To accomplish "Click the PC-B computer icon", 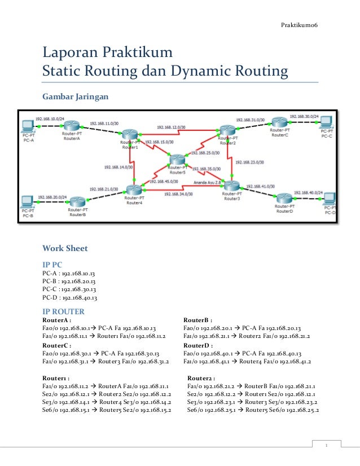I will coord(27,201).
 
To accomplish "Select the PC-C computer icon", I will coord(326,122).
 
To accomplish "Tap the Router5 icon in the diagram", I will coord(177,161).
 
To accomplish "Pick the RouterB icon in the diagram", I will coord(78,202).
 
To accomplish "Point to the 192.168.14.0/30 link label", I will coord(118,168).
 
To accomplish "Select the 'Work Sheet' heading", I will coord(65,247).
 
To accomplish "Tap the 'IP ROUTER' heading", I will coord(63,311).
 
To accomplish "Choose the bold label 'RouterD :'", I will coord(199,346).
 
